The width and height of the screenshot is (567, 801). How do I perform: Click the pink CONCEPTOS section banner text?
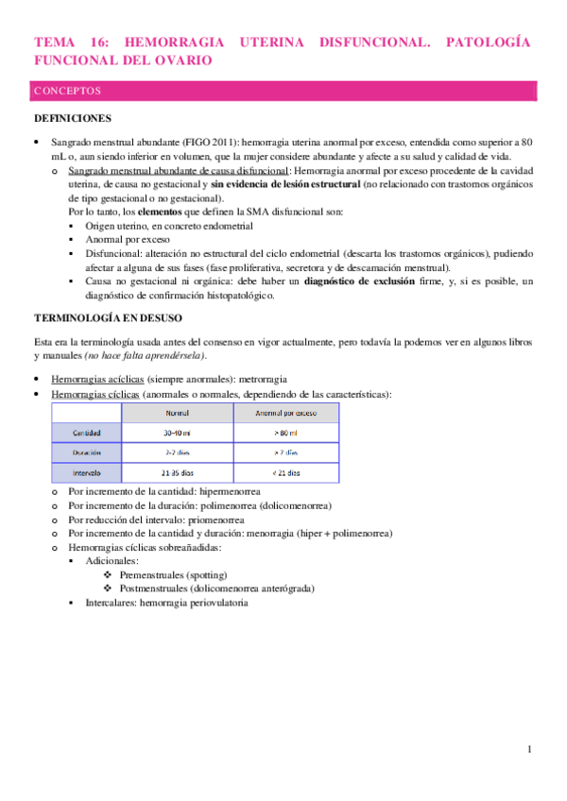(x=67, y=92)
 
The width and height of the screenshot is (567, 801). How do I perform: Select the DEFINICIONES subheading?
(x=73, y=119)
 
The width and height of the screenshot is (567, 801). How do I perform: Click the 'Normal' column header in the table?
(x=177, y=413)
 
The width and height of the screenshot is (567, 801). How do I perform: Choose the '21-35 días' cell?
(x=177, y=471)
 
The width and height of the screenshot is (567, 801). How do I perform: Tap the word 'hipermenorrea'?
(x=228, y=493)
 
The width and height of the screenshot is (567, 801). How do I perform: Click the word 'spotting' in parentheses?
(x=217, y=574)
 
